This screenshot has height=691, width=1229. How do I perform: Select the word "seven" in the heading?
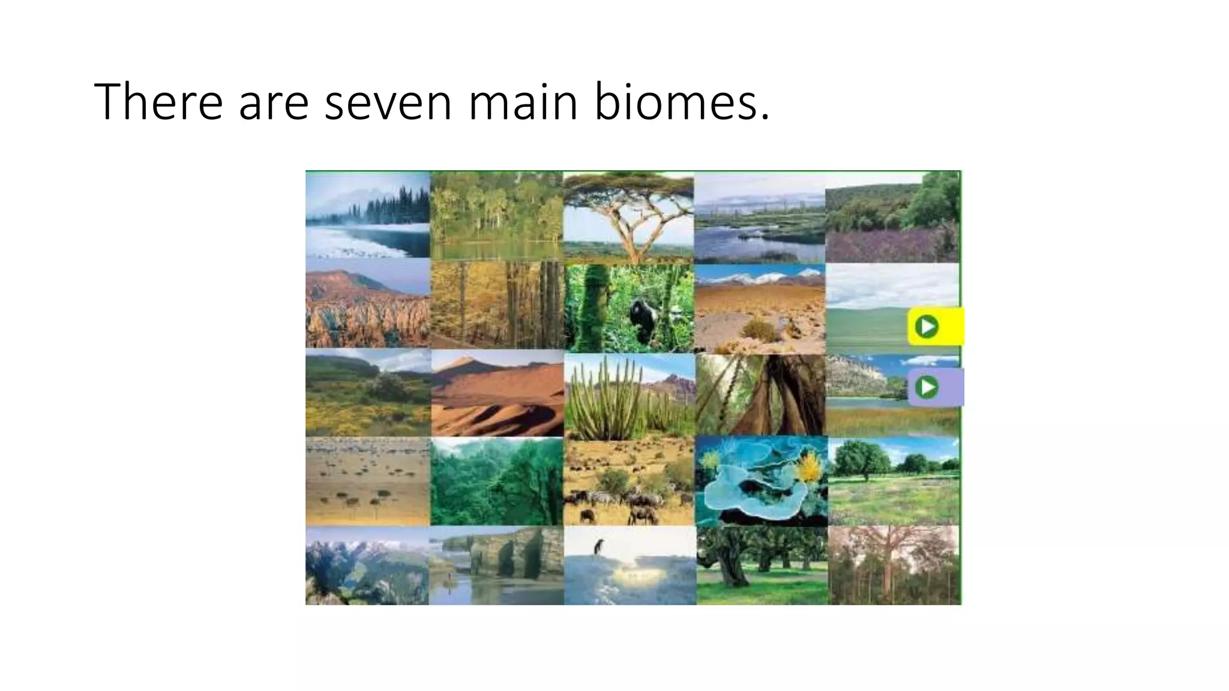coord(388,102)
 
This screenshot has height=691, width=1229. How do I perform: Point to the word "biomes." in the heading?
coord(682,102)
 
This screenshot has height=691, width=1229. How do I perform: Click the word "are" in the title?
coord(274,102)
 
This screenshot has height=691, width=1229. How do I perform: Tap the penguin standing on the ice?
coord(598,547)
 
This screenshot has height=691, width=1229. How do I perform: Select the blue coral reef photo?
coord(761,481)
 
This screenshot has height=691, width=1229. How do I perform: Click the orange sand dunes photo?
coord(497,393)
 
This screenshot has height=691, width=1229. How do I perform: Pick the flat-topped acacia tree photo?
coord(628,217)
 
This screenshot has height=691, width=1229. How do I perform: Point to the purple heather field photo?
coord(892,217)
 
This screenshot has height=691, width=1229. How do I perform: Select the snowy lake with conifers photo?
coord(367,214)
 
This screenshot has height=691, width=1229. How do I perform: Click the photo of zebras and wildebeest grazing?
coord(629,481)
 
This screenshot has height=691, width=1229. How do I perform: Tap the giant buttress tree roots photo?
coord(761,394)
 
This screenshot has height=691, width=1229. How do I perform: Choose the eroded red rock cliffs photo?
coord(367,305)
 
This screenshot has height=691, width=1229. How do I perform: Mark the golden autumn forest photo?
coord(497,305)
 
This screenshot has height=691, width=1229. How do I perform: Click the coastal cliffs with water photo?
coord(497,566)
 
